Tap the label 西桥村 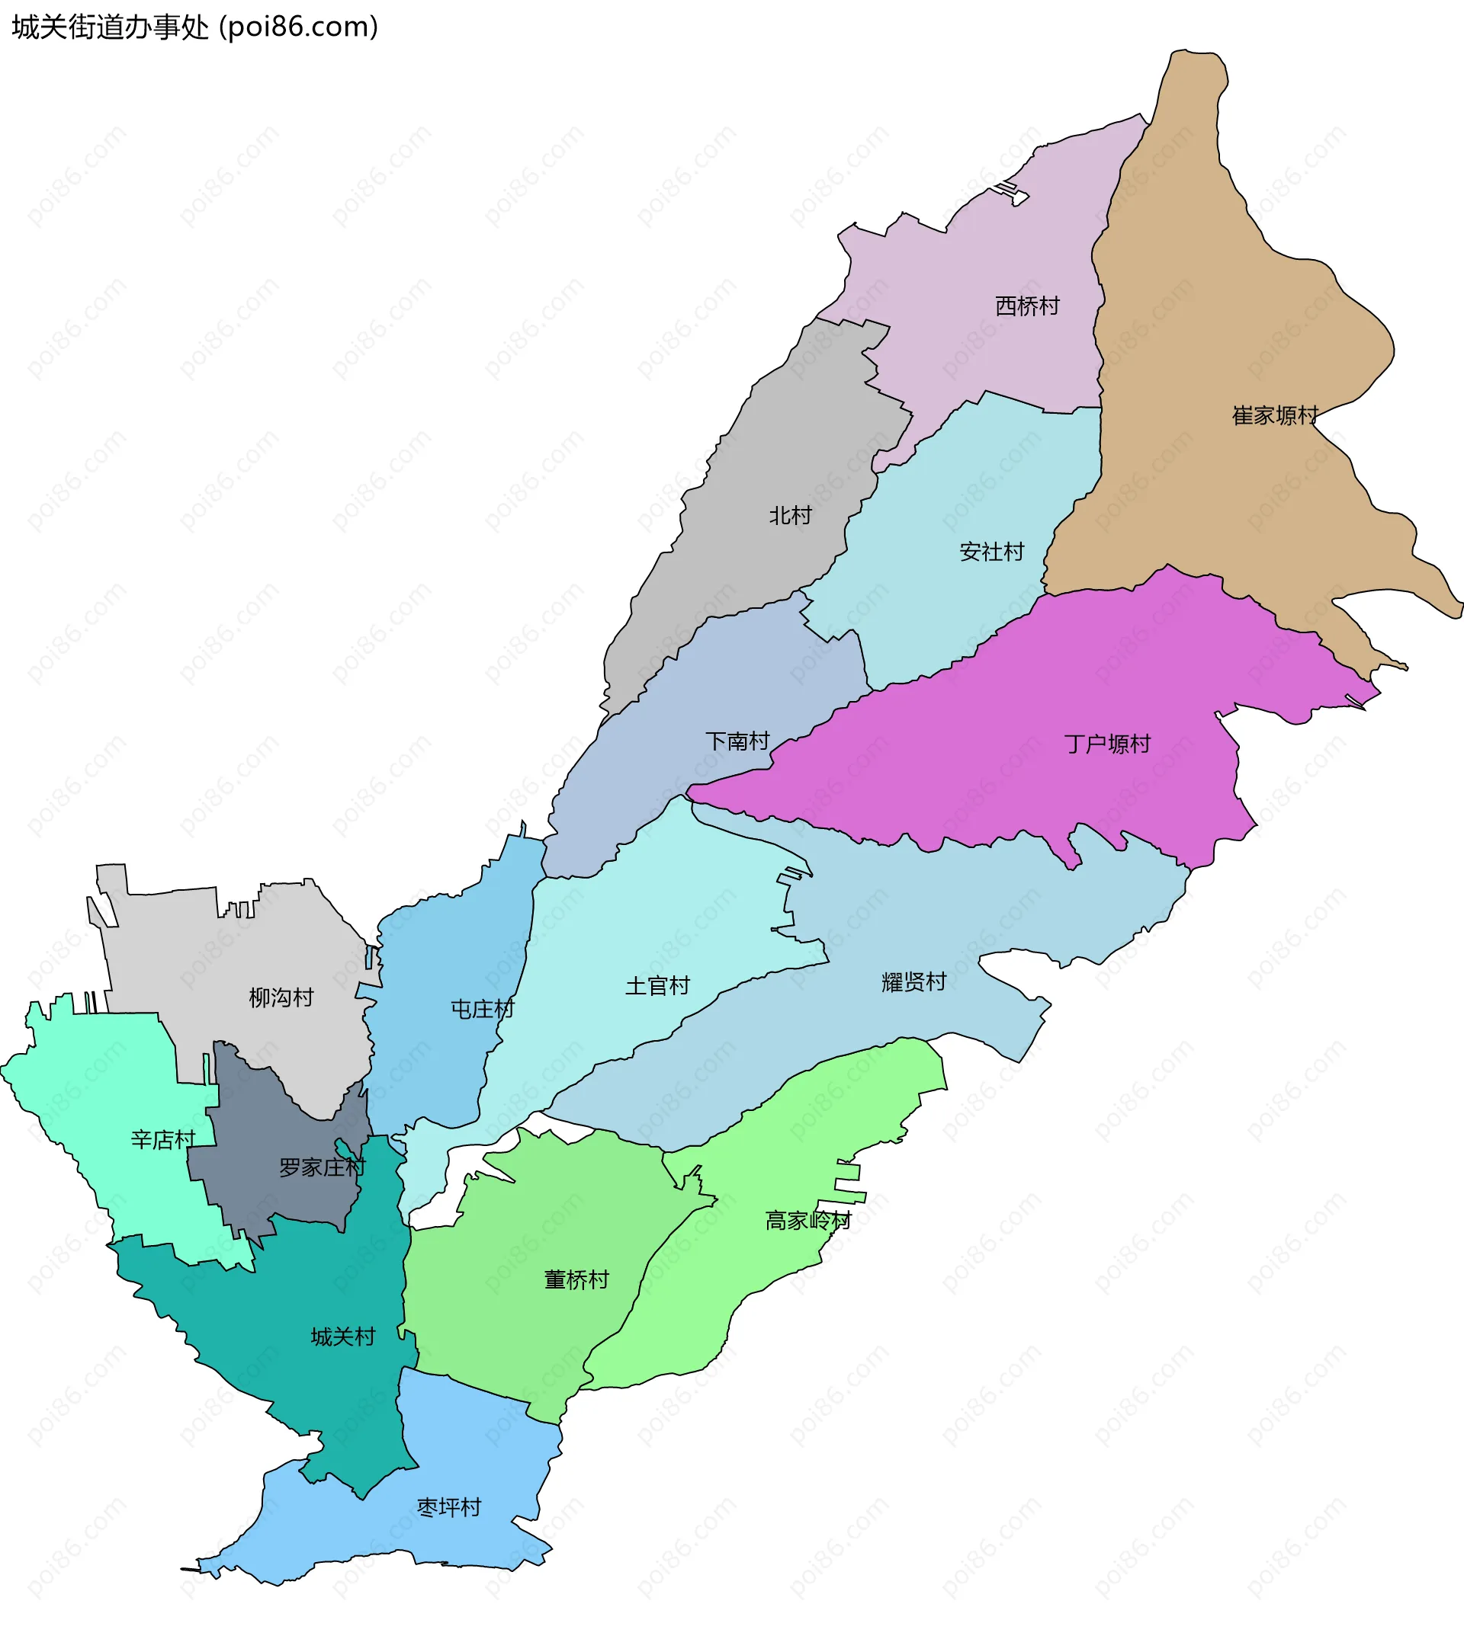coord(1027,306)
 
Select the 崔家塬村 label coord(1275,415)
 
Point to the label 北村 coord(790,515)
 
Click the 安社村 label coord(992,552)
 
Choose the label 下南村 coord(737,741)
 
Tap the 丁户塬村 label coord(1107,744)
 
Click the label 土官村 coord(657,985)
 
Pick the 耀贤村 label coord(913,981)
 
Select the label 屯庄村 coord(482,1009)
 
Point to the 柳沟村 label coord(281,997)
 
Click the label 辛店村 coord(163,1139)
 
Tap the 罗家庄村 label coord(322,1167)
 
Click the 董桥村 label coord(576,1280)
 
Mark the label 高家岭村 coord(807,1221)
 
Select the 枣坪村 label coord(449,1507)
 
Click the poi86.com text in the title coord(298,27)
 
